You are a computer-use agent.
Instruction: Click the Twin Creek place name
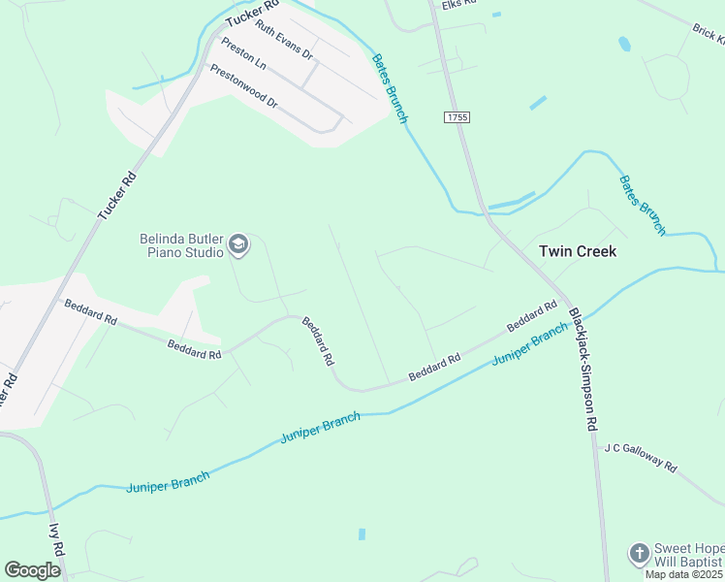click(578, 250)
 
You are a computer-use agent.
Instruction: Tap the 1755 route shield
click(457, 116)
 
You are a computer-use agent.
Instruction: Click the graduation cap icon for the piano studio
click(238, 246)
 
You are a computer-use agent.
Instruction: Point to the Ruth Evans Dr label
click(284, 38)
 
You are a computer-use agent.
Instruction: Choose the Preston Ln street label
click(243, 53)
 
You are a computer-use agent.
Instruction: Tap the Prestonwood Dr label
click(243, 86)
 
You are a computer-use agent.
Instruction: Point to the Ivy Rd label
click(56, 539)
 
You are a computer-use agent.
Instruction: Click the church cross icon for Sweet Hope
click(639, 554)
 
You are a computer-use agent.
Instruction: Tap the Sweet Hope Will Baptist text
click(688, 556)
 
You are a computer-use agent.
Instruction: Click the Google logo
click(33, 570)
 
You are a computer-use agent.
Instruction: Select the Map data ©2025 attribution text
click(684, 574)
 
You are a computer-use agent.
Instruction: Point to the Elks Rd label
click(459, 5)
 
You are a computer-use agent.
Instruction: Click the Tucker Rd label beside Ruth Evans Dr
click(244, 16)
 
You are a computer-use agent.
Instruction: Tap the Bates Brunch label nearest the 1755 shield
click(390, 88)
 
